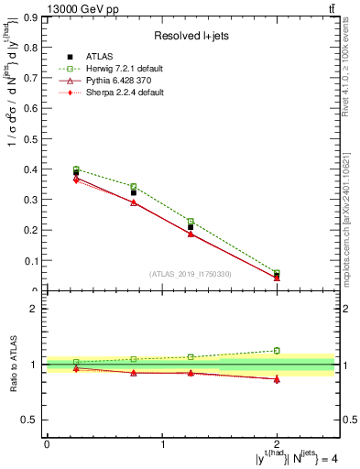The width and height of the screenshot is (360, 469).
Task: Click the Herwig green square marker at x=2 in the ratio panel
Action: click(278, 350)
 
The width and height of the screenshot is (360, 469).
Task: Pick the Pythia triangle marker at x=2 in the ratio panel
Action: click(278, 378)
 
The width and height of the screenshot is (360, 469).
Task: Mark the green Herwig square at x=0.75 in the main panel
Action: click(134, 187)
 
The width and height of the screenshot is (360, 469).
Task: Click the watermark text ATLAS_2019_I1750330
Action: click(191, 274)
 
